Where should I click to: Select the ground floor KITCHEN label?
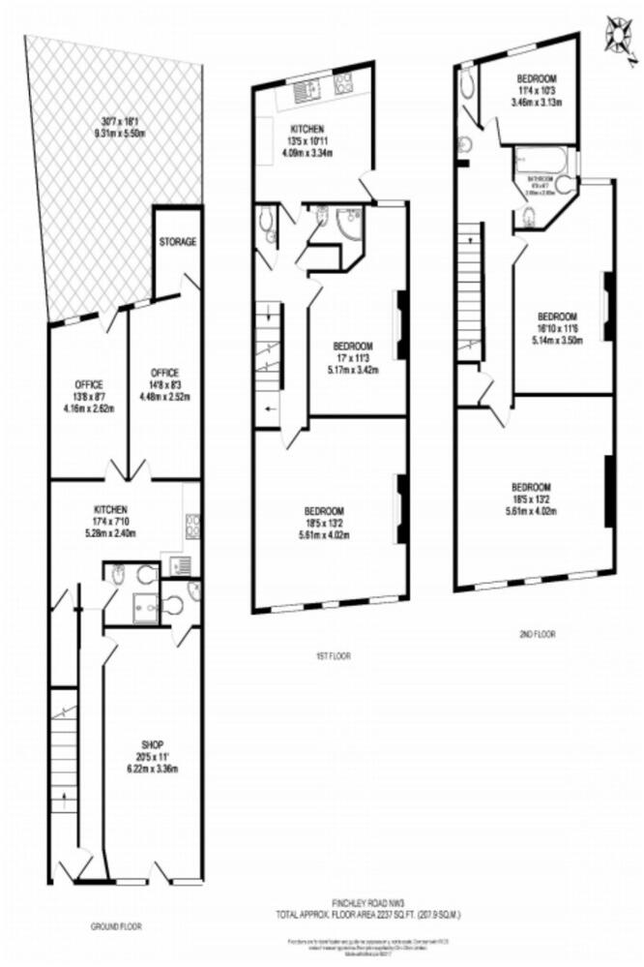pyautogui.click(x=111, y=508)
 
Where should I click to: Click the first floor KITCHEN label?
pyautogui.click(x=308, y=129)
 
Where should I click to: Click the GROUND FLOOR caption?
pyautogui.click(x=116, y=926)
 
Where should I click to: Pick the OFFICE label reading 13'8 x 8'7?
pyautogui.click(x=88, y=383)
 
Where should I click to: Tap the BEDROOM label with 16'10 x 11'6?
pyautogui.click(x=557, y=317)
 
